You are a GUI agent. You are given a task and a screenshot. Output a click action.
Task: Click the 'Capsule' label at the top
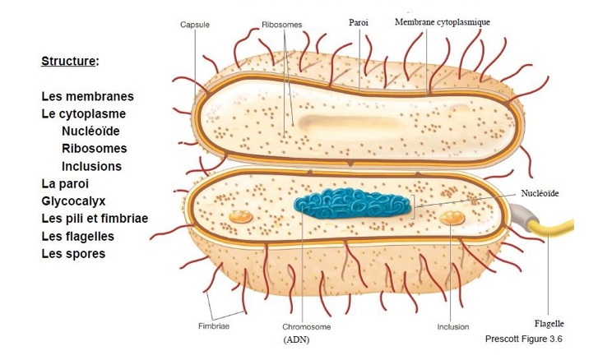[195, 25]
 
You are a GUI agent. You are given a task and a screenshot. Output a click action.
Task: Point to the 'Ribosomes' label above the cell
[281, 25]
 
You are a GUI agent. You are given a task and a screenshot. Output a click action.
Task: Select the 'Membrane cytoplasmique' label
[443, 21]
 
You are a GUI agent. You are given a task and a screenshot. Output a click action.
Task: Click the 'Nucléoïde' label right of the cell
[540, 193]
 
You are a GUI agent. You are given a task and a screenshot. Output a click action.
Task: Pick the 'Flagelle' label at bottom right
[549, 324]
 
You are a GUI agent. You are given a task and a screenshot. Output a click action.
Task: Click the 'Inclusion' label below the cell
[453, 326]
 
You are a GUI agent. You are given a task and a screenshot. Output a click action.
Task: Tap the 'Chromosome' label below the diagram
[306, 326]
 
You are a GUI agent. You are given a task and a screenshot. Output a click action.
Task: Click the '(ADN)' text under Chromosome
[296, 339]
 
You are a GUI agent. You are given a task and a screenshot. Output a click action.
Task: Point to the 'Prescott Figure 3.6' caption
[524, 339]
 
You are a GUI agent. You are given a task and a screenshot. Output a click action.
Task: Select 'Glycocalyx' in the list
[73, 201]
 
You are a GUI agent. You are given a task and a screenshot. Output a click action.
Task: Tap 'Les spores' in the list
[73, 254]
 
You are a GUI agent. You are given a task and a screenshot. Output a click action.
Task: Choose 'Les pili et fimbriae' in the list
[95, 219]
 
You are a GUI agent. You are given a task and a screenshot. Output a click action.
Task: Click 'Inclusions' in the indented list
[91, 166]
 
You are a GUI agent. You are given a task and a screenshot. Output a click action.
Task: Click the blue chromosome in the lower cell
[355, 203]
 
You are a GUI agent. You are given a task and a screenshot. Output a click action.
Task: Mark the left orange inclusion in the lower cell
[240, 216]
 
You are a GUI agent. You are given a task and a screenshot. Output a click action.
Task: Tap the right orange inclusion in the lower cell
[452, 217]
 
